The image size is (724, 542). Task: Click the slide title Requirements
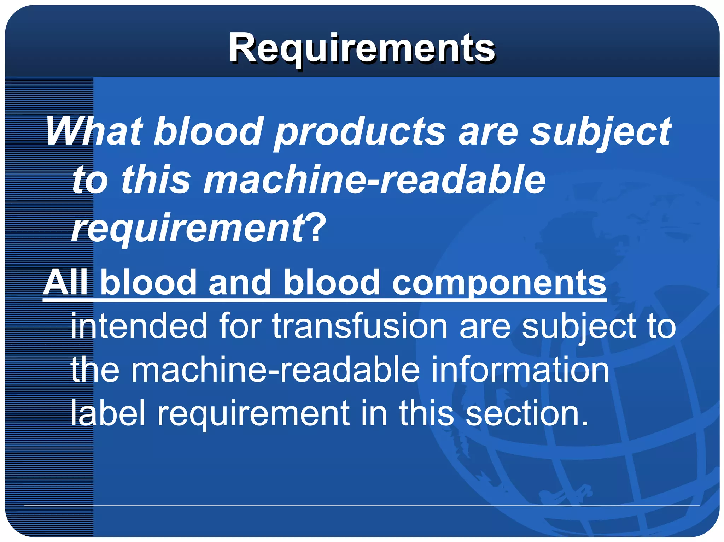pyautogui.click(x=362, y=48)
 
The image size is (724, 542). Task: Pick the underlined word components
pyautogui.click(x=499, y=284)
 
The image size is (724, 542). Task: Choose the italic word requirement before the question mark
pyautogui.click(x=187, y=229)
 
